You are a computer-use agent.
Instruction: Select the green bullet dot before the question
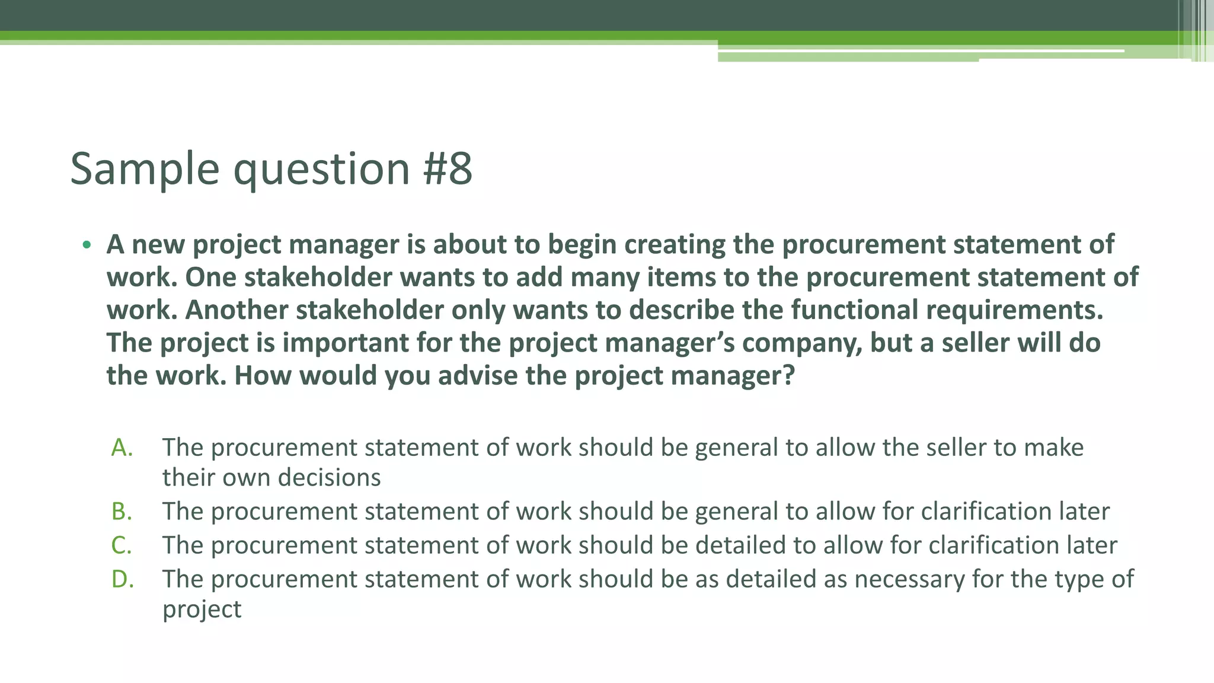click(87, 245)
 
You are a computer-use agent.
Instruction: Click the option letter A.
click(122, 448)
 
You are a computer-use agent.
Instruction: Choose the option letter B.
click(122, 512)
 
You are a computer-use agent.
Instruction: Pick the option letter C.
click(122, 545)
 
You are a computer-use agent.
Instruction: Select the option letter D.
click(123, 579)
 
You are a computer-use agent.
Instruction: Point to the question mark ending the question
click(788, 376)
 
